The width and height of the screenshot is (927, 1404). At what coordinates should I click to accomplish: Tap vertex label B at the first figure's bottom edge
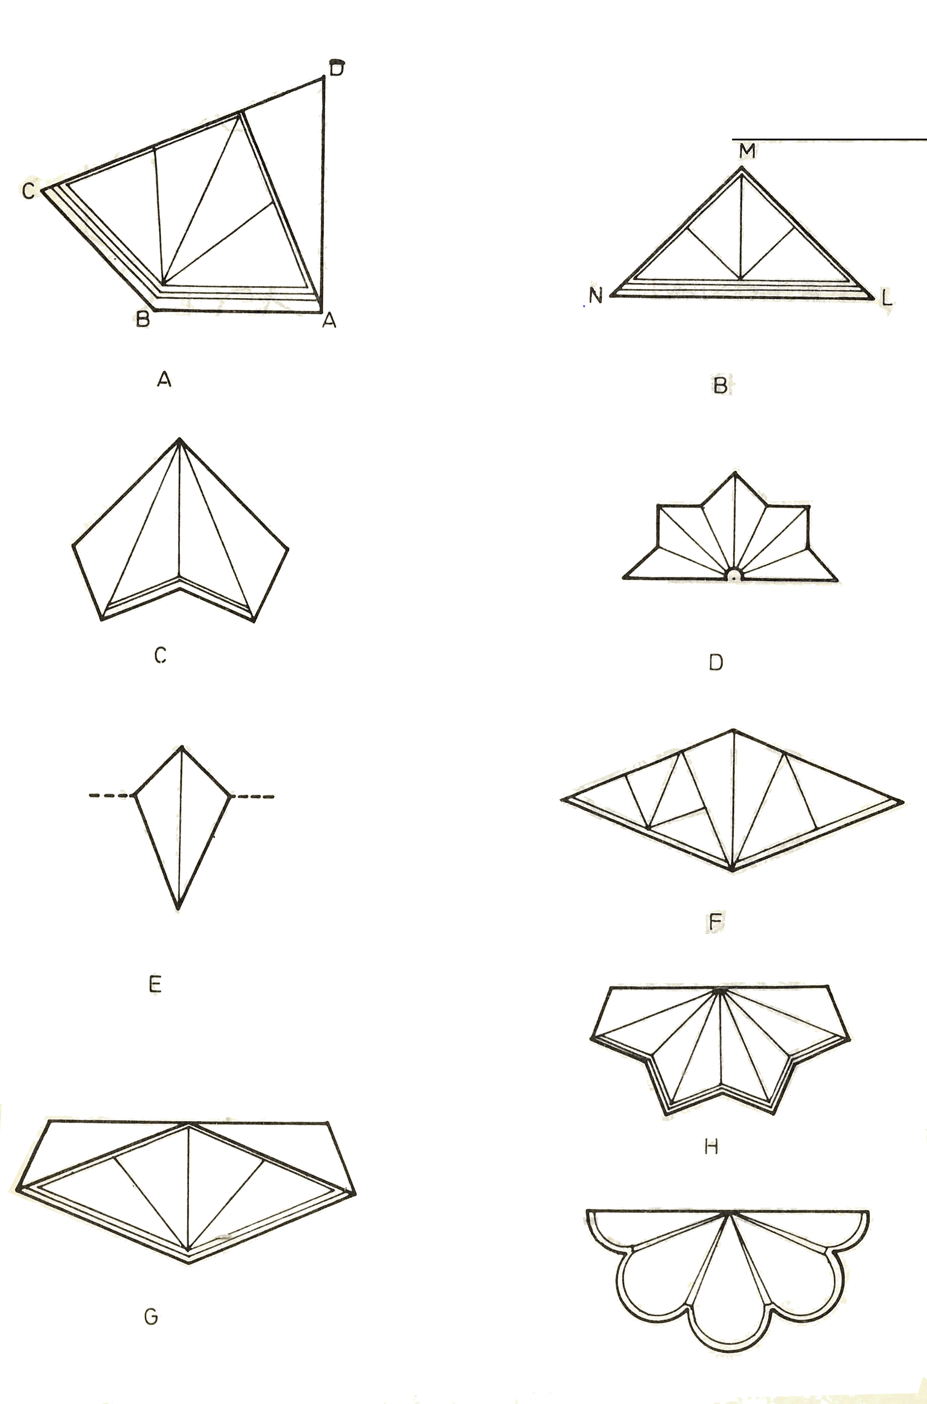pos(143,320)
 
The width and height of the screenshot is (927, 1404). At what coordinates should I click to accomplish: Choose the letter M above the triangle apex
pos(747,151)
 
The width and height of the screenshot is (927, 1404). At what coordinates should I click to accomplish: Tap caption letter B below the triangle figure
pos(720,386)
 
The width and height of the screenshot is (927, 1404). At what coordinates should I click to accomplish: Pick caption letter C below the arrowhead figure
pos(160,655)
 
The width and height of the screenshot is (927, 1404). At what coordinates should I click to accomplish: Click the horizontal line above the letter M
pos(829,139)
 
